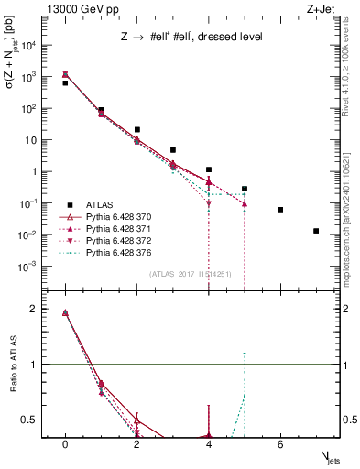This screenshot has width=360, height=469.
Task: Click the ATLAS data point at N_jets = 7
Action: [x=316, y=231]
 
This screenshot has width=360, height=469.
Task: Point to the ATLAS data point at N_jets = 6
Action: [x=280, y=210]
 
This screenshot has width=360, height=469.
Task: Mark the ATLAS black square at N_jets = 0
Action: [x=65, y=83]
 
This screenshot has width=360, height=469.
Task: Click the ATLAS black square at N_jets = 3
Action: [x=173, y=150]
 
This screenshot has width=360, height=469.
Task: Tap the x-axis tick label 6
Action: [x=280, y=444]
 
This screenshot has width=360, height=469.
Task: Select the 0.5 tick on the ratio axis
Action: [x=36, y=420]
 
